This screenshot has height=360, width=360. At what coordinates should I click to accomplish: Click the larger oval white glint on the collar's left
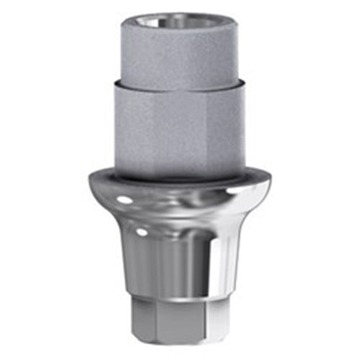(123, 198)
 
